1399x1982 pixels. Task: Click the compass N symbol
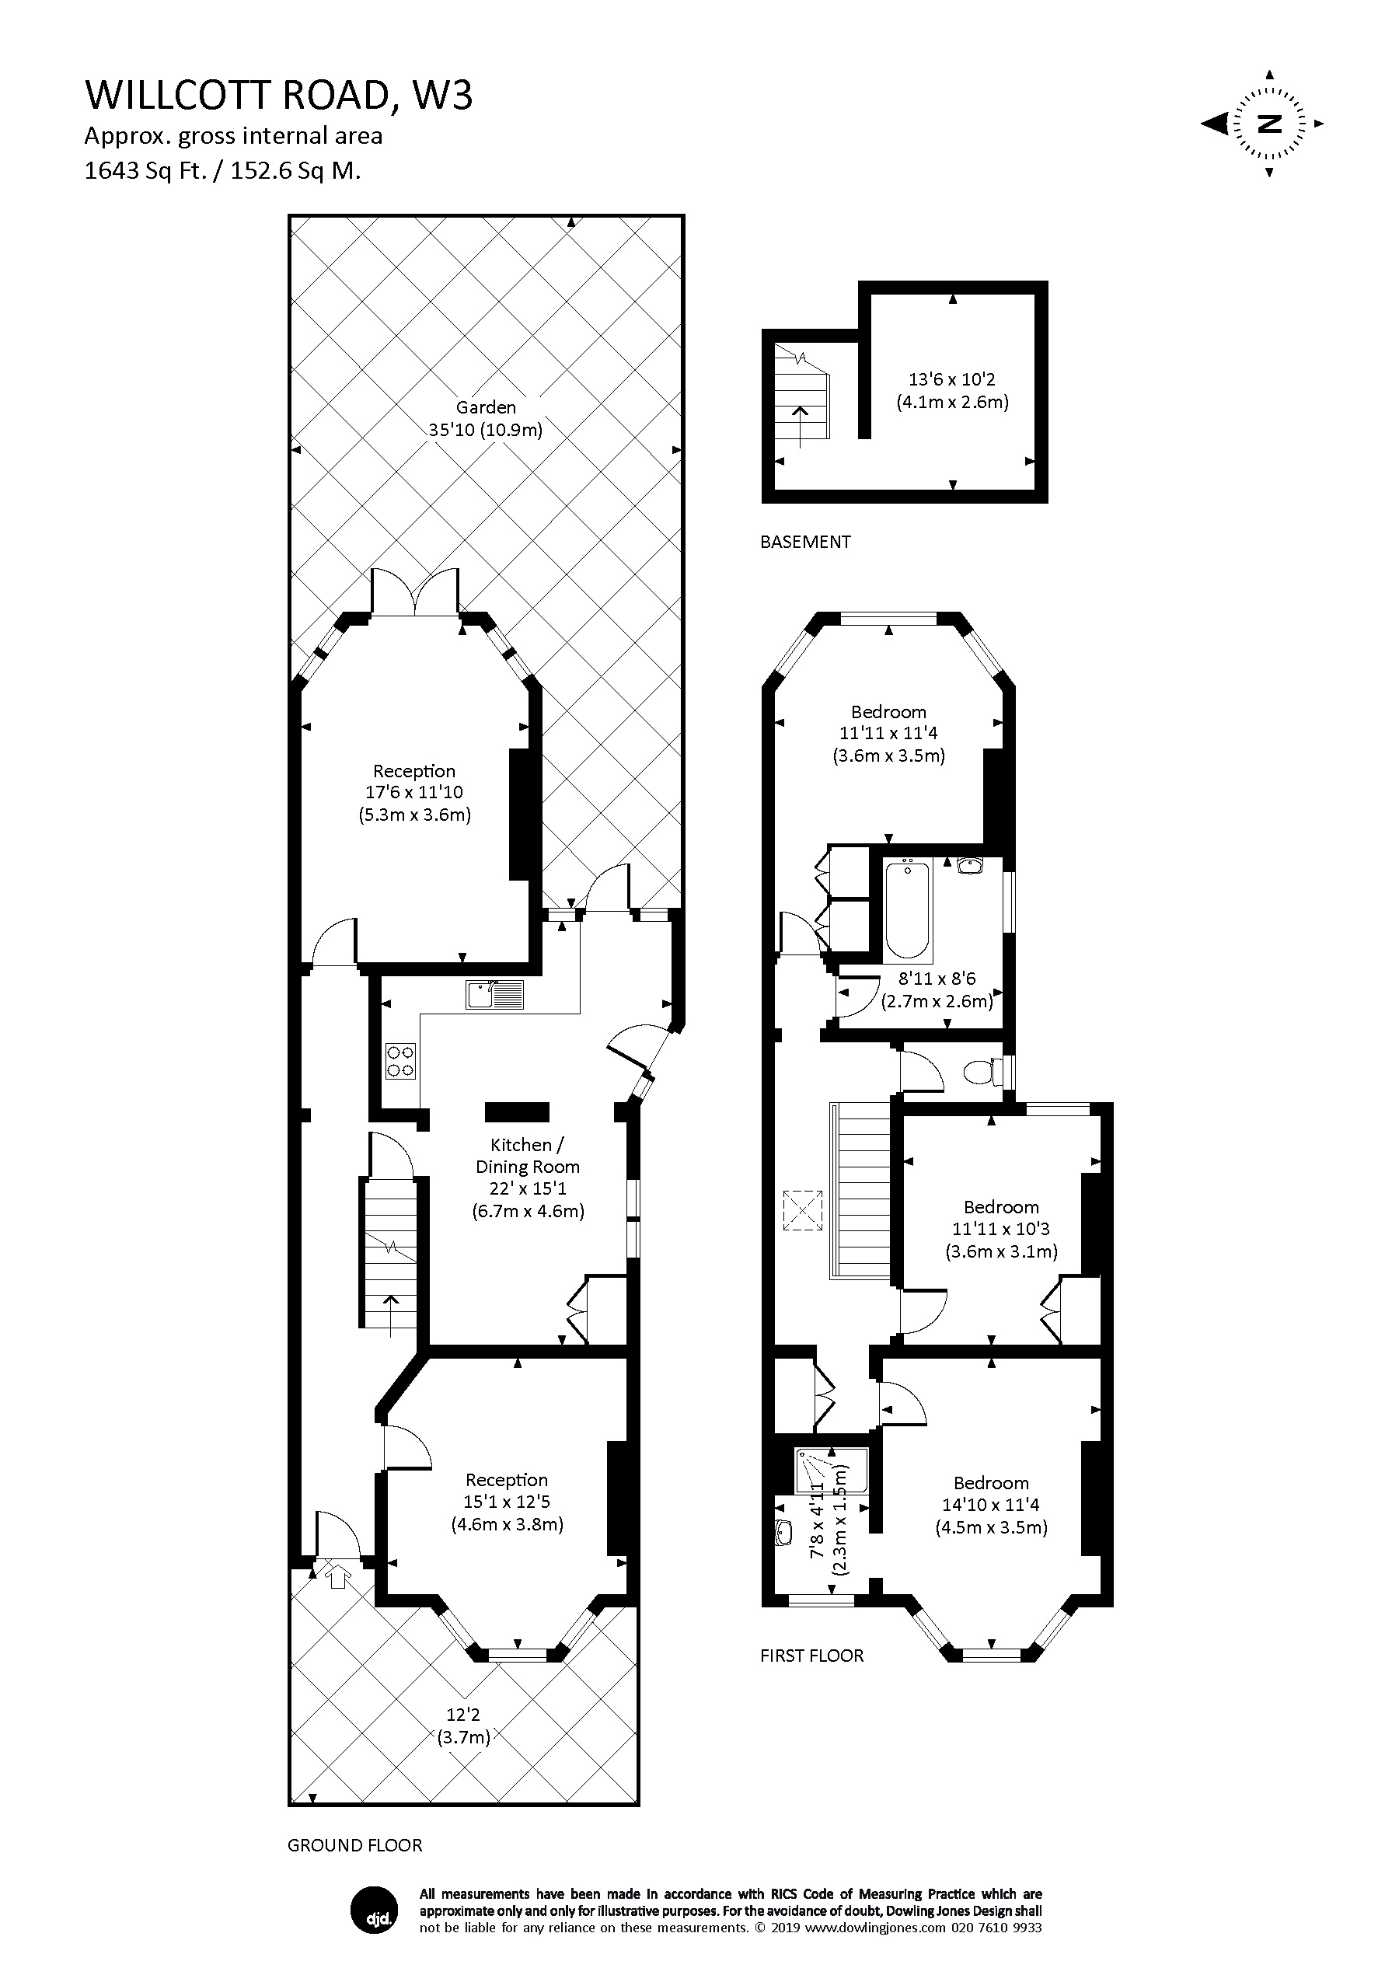pos(1268,124)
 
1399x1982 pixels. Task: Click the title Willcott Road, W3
pos(279,95)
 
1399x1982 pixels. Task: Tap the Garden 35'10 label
pos(486,419)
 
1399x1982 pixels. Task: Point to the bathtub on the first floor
pos(907,908)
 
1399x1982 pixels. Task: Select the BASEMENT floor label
pos(805,542)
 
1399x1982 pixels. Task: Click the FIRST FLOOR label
pos(811,1655)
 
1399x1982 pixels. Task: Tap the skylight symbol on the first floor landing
pos(803,1209)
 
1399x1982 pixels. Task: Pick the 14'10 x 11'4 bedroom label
pos(991,1504)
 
